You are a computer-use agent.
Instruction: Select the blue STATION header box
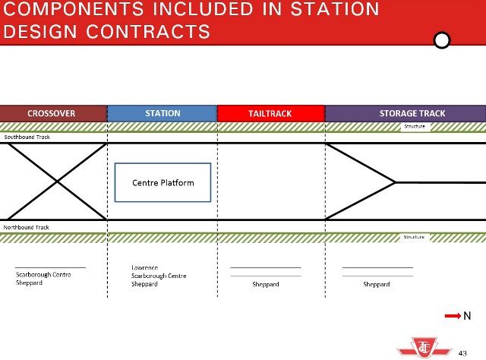click(163, 113)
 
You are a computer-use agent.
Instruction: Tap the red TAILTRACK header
click(270, 113)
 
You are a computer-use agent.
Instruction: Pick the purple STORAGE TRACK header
click(406, 113)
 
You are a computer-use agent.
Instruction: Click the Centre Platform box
click(163, 182)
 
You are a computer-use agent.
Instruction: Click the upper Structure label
click(415, 126)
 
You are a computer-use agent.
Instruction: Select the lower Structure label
click(415, 237)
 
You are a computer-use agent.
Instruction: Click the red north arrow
click(453, 316)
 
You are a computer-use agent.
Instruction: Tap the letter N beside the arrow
click(468, 316)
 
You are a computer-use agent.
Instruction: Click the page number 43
click(462, 352)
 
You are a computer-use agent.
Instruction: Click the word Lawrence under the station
click(144, 268)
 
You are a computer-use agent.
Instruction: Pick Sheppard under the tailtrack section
click(266, 284)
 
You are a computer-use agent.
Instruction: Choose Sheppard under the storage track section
click(377, 284)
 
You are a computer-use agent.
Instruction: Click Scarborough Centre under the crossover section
click(43, 274)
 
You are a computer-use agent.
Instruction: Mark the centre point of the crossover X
click(57, 182)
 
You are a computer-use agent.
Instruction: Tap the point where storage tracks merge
click(396, 182)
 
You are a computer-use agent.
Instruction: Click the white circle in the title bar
click(440, 39)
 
